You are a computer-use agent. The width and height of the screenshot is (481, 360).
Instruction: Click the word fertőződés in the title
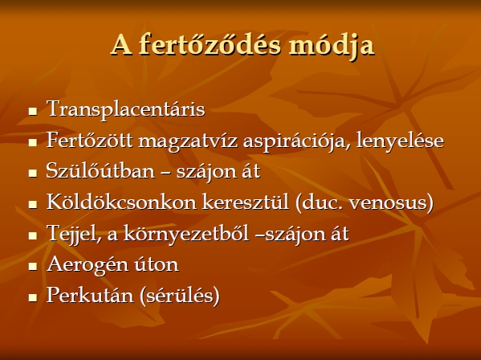click(x=210, y=45)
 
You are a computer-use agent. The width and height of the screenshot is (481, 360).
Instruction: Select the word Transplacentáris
click(x=126, y=109)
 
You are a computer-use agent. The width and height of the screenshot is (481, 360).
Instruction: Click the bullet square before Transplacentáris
click(x=33, y=111)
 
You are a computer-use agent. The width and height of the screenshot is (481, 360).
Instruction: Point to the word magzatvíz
click(x=188, y=141)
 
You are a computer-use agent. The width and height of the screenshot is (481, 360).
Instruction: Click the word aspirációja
click(x=296, y=141)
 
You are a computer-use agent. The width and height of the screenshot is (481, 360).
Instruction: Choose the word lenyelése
click(x=400, y=141)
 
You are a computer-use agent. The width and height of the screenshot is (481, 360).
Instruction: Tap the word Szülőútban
click(x=100, y=170)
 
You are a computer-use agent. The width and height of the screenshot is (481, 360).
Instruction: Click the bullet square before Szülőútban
click(x=33, y=173)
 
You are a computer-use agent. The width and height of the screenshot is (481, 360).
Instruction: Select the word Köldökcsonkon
click(x=121, y=202)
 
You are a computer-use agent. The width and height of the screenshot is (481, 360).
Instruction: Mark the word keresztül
click(x=246, y=202)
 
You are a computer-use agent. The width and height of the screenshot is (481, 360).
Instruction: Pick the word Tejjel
click(x=74, y=234)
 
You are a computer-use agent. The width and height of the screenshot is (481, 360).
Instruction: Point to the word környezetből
click(x=186, y=234)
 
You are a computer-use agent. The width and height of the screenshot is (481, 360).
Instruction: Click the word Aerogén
click(x=87, y=264)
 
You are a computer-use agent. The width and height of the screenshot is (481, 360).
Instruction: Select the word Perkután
click(x=90, y=295)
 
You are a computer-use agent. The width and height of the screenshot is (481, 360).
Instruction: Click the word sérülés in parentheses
click(x=180, y=296)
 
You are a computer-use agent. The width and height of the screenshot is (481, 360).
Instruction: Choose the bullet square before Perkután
click(x=33, y=297)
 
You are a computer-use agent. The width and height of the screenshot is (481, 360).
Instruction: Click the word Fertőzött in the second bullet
click(x=90, y=141)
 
